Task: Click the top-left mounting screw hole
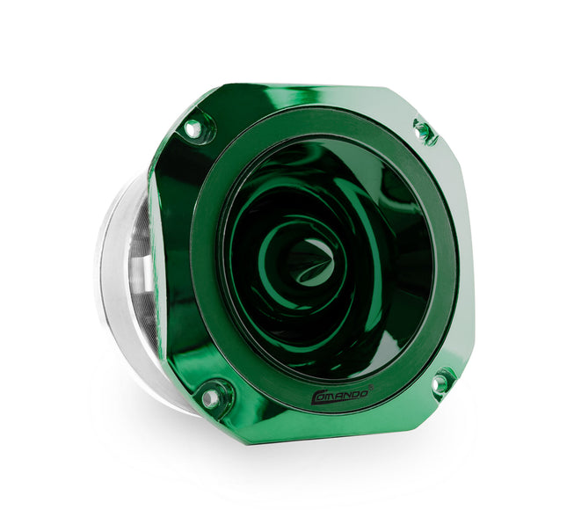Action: point(193,129)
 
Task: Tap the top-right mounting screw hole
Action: point(421,127)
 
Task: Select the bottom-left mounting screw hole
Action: point(210,397)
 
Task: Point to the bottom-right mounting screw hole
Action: point(440,382)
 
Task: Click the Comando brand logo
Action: point(341,395)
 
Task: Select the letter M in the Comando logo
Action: point(332,397)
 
